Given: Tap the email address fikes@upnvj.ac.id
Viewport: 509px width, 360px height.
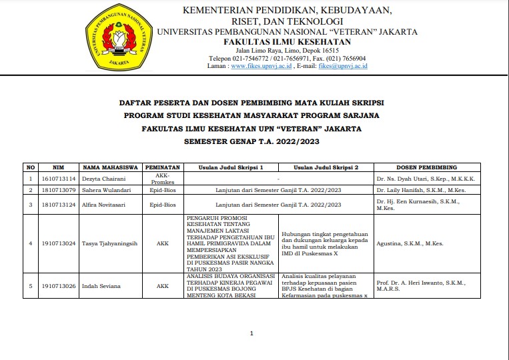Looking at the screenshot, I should [x=343, y=67].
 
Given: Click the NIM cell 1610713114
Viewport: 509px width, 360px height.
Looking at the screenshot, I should [x=58, y=179].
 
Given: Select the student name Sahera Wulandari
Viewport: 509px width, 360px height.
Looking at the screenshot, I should [x=107, y=190].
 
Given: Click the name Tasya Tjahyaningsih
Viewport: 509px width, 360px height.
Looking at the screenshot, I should [x=110, y=243].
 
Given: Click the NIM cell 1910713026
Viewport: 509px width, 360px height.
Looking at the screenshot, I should [x=58, y=286].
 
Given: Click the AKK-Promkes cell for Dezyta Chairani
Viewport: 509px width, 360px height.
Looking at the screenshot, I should [x=162, y=179].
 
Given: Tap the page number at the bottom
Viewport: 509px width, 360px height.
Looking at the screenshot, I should [x=251, y=333].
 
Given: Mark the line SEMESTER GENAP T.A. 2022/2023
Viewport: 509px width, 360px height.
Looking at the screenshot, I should [x=251, y=141].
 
